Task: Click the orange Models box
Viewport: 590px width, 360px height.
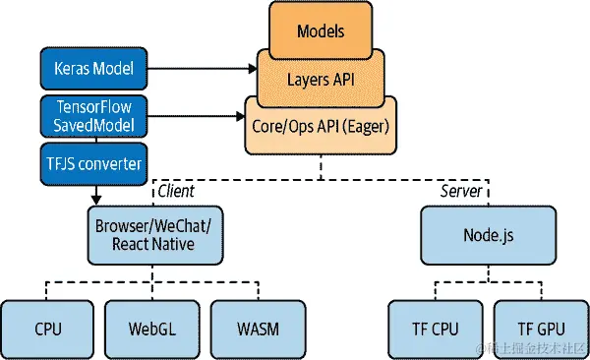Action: coord(321,30)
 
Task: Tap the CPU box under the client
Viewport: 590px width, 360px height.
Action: coord(47,327)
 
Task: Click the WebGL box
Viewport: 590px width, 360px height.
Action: coord(151,327)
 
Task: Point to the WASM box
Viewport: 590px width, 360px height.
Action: coord(257,327)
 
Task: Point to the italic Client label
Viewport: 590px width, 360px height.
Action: coord(176,191)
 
